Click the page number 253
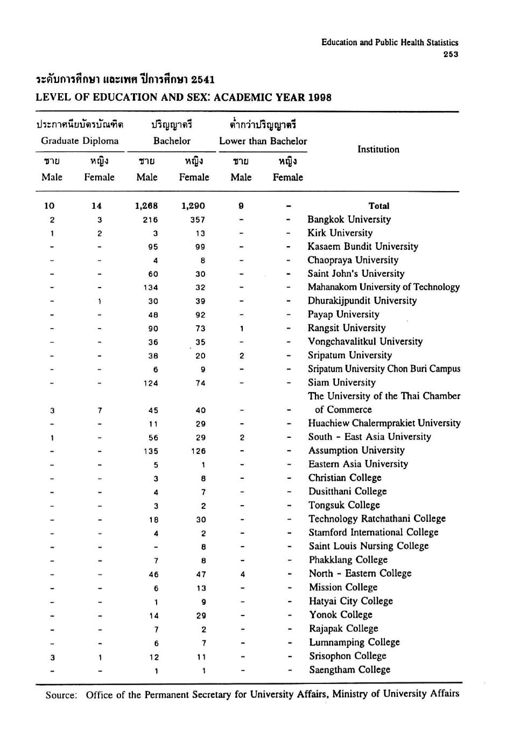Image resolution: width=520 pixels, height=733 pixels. (451, 54)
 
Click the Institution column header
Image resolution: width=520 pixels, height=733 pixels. (378, 150)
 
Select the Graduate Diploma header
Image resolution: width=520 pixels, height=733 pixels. (80, 141)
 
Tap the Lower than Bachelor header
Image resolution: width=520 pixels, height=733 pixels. (263, 141)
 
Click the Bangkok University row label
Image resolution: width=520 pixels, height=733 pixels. (349, 219)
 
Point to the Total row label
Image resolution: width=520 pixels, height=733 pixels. (379, 206)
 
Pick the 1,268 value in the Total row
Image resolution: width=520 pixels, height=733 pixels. (146, 206)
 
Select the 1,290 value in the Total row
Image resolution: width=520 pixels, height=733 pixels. (193, 206)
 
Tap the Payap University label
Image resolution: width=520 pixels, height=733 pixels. (343, 315)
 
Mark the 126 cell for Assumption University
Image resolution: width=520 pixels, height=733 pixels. (198, 451)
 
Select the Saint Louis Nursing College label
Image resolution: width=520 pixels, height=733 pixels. (369, 546)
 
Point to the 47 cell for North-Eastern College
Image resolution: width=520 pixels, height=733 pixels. (201, 575)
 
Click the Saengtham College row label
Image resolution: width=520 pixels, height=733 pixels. (349, 670)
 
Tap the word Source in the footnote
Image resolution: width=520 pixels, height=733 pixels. (61, 695)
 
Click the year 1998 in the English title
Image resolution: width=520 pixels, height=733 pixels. (320, 97)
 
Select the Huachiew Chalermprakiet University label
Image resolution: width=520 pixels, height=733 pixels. (384, 423)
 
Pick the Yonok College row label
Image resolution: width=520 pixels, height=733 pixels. (341, 615)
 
